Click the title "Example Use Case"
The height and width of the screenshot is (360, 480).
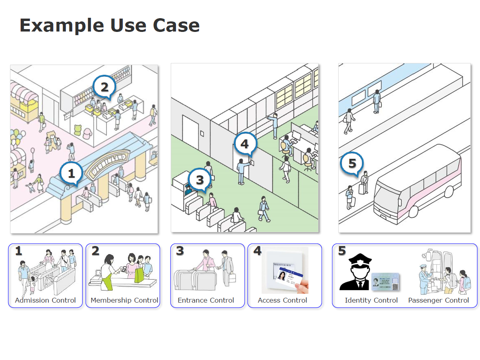tap(109, 25)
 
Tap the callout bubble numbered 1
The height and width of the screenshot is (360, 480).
tap(71, 174)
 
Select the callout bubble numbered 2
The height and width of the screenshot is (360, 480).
tap(104, 87)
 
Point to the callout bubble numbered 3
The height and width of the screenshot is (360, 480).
tap(200, 180)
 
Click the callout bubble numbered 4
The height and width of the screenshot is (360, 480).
tap(245, 144)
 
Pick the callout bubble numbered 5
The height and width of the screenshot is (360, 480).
tap(352, 164)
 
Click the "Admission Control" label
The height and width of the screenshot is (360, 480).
tap(45, 300)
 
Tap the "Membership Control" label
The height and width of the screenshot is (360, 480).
tap(124, 300)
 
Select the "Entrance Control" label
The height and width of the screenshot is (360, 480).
tap(206, 300)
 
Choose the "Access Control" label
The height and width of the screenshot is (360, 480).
tap(283, 300)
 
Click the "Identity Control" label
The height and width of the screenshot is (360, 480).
tap(371, 300)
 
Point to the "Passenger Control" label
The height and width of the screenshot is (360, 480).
tap(438, 300)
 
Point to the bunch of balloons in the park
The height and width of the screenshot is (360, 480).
tap(17, 137)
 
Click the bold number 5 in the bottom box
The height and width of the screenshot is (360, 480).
tap(342, 251)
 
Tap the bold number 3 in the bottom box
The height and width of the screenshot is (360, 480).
tap(180, 251)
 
